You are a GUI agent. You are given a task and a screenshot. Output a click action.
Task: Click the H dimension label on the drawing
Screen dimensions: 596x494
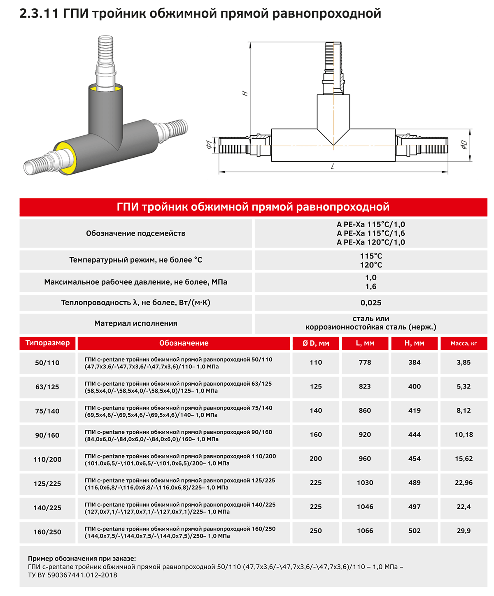(245, 93)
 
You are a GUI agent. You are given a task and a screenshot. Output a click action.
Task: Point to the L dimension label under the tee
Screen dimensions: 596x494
(332, 166)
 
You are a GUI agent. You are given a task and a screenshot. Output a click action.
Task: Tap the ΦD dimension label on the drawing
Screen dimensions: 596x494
(464, 144)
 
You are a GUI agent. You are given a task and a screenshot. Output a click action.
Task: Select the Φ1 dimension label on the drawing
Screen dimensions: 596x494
(209, 144)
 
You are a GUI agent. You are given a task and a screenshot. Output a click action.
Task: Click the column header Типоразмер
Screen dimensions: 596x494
(48, 343)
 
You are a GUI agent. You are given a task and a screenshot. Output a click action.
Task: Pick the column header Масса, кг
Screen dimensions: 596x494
(464, 343)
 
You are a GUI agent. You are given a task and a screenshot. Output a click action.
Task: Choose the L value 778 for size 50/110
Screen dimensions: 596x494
(365, 362)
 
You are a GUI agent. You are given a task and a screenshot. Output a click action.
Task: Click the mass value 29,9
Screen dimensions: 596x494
(464, 531)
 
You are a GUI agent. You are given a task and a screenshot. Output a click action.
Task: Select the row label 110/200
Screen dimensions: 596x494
(47, 459)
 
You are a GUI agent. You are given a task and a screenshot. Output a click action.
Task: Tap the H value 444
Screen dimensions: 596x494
(415, 435)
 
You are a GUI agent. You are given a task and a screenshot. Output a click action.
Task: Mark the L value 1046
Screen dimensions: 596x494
(365, 507)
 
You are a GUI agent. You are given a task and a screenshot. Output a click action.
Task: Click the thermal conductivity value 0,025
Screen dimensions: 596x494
(371, 303)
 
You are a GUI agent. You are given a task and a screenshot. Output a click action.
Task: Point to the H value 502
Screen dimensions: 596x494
(415, 531)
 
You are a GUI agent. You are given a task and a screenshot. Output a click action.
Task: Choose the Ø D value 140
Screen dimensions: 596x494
(316, 410)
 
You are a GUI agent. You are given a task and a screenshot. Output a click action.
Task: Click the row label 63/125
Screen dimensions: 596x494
(47, 387)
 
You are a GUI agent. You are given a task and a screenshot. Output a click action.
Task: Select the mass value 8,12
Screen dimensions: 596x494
(464, 410)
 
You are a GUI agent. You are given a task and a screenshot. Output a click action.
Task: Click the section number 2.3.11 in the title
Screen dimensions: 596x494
(40, 14)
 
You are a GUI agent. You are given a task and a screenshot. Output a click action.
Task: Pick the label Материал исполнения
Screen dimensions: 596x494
(136, 324)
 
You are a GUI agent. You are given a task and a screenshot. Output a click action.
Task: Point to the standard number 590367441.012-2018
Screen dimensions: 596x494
(82, 575)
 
